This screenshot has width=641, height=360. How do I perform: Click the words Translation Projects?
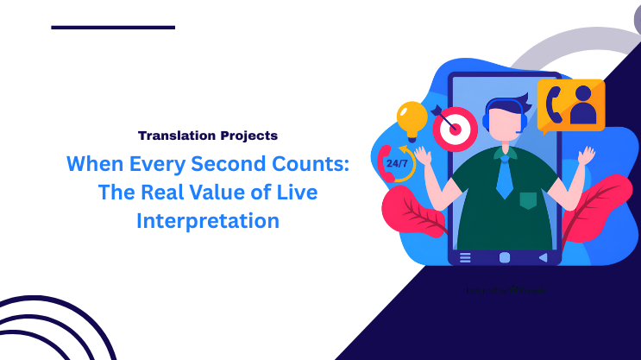208,136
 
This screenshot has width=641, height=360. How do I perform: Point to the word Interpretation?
208,221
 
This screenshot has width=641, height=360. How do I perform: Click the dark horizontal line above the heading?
113,28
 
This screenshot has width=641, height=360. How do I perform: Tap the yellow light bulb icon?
412,118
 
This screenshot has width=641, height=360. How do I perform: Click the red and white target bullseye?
455,130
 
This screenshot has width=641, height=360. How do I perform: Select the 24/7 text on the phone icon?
397,162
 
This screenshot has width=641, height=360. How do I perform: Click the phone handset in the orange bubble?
555,104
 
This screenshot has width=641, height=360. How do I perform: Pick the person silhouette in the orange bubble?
585,105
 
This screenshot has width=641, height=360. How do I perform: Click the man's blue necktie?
505,178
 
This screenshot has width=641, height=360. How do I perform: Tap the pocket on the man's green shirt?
527,201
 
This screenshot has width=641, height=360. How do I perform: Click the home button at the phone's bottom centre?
505,256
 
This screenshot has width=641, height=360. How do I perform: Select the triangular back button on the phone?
543,256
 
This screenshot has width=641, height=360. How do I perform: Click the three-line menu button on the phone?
466,256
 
